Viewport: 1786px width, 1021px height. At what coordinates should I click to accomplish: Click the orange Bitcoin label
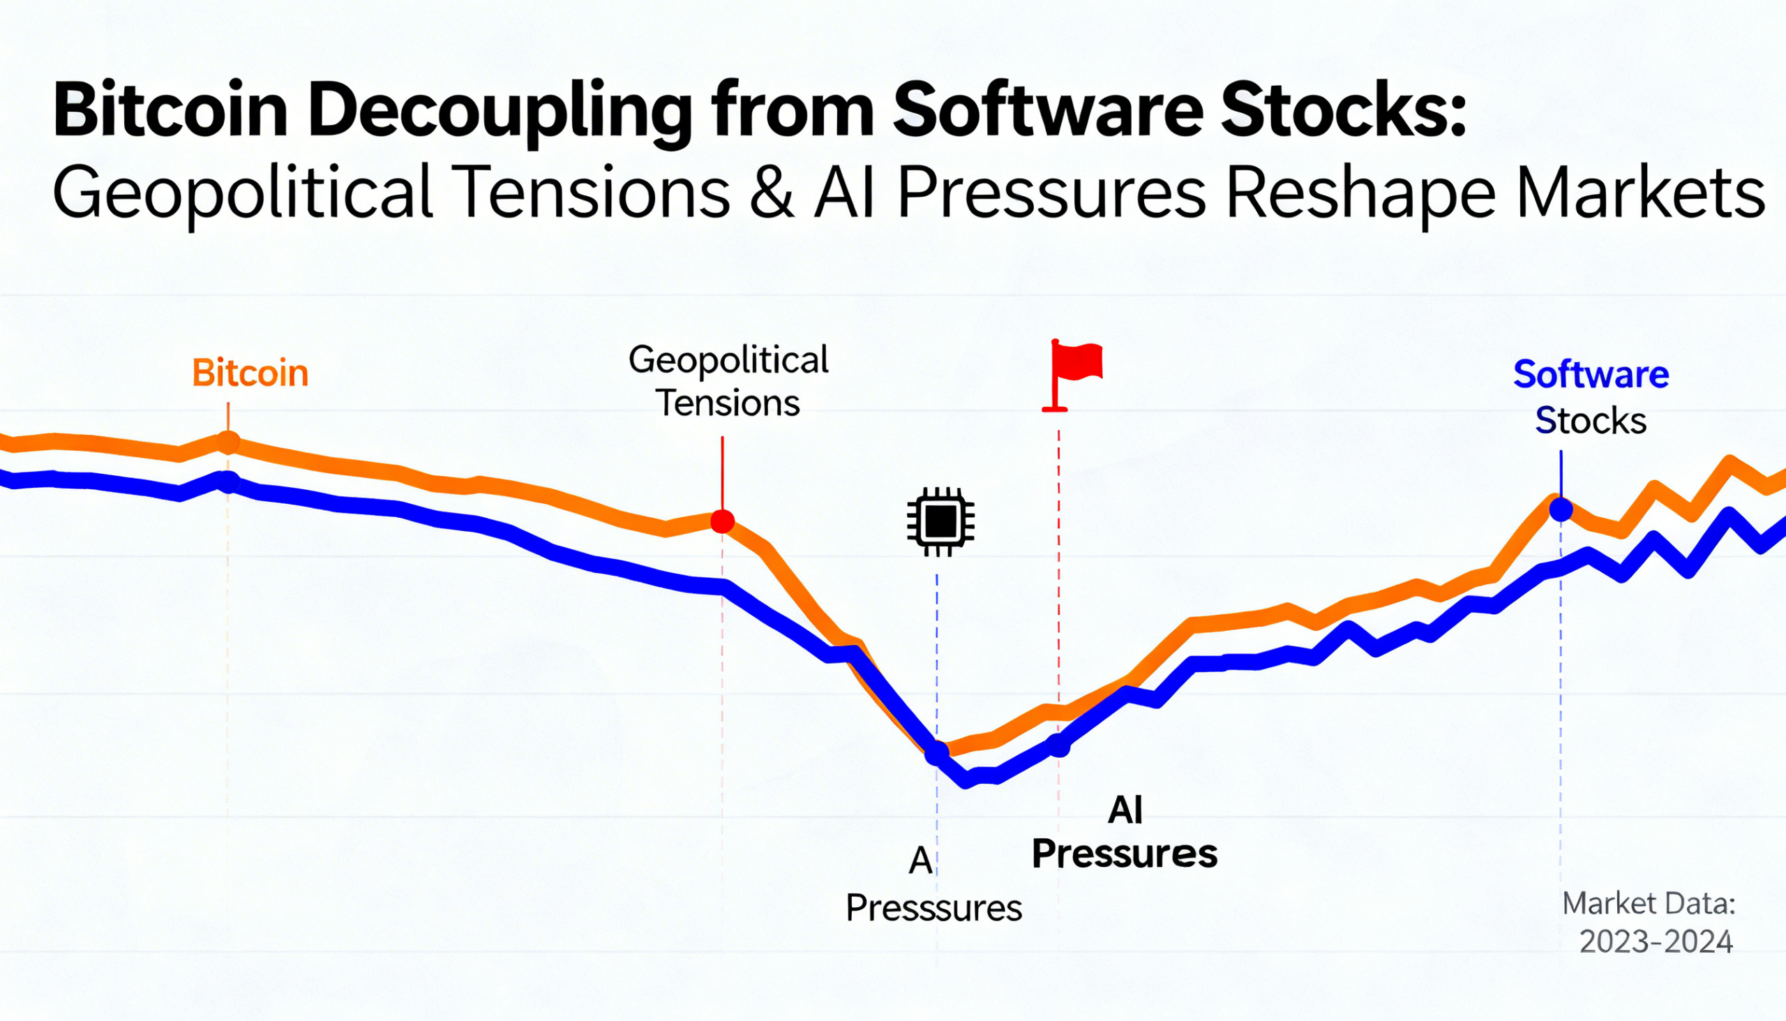[x=250, y=373]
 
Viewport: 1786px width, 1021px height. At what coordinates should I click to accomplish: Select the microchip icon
[x=940, y=521]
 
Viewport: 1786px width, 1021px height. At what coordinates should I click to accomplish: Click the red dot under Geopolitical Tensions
[x=722, y=521]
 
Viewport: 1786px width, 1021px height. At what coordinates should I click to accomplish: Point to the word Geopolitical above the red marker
[x=728, y=359]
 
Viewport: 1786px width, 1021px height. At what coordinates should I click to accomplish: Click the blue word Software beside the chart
[x=1591, y=375]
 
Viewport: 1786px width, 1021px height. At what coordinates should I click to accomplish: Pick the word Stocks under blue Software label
[x=1591, y=421]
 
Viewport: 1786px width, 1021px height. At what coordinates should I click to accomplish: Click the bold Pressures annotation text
[x=1125, y=854]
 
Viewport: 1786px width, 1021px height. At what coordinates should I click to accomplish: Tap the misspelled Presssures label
[x=933, y=908]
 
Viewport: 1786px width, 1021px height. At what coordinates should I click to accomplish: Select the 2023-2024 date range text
[x=1656, y=941]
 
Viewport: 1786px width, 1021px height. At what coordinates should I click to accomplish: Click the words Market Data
[x=1649, y=903]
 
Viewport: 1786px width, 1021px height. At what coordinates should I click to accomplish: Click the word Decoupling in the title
[x=500, y=112]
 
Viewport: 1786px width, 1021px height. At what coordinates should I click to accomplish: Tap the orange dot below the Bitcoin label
[x=228, y=442]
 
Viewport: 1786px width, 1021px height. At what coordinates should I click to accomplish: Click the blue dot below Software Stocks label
[x=1560, y=509]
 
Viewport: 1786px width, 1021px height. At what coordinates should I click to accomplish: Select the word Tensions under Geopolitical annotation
[x=728, y=403]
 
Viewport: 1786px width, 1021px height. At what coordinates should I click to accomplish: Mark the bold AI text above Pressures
[x=1125, y=811]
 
